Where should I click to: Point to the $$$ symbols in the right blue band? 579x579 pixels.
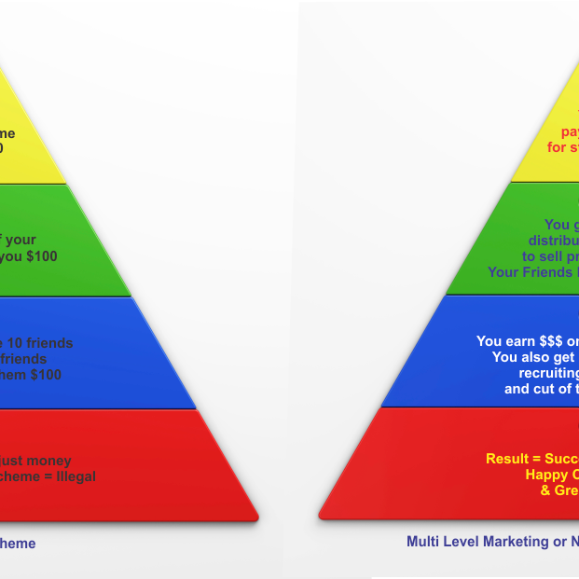click(x=538, y=341)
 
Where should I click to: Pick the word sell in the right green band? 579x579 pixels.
click(x=554, y=256)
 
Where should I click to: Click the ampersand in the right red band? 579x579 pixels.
click(x=546, y=490)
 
